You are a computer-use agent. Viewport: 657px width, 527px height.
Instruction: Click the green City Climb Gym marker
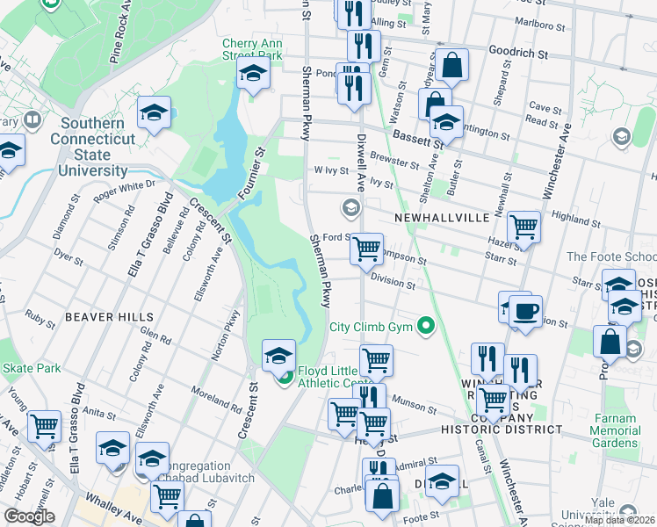pos(427,327)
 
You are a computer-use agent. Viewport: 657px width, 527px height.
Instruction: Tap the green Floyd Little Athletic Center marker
pos(285,378)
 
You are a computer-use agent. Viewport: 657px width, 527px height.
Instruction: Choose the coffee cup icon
pos(526,311)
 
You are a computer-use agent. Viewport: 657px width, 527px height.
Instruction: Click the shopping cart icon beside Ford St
pos(366,249)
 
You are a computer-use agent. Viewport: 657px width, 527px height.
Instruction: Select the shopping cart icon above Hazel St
pos(523,227)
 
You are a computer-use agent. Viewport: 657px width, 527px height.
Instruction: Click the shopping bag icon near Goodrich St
pos(452,64)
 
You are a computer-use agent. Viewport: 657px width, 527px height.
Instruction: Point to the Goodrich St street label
pos(517,54)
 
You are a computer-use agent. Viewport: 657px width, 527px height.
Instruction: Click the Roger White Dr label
pos(124,186)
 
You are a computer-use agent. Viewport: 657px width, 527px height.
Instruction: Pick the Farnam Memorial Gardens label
pos(615,437)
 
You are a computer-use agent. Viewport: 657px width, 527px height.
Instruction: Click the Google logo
pos(30,517)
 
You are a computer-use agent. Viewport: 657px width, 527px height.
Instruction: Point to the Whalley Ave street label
pos(102,510)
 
